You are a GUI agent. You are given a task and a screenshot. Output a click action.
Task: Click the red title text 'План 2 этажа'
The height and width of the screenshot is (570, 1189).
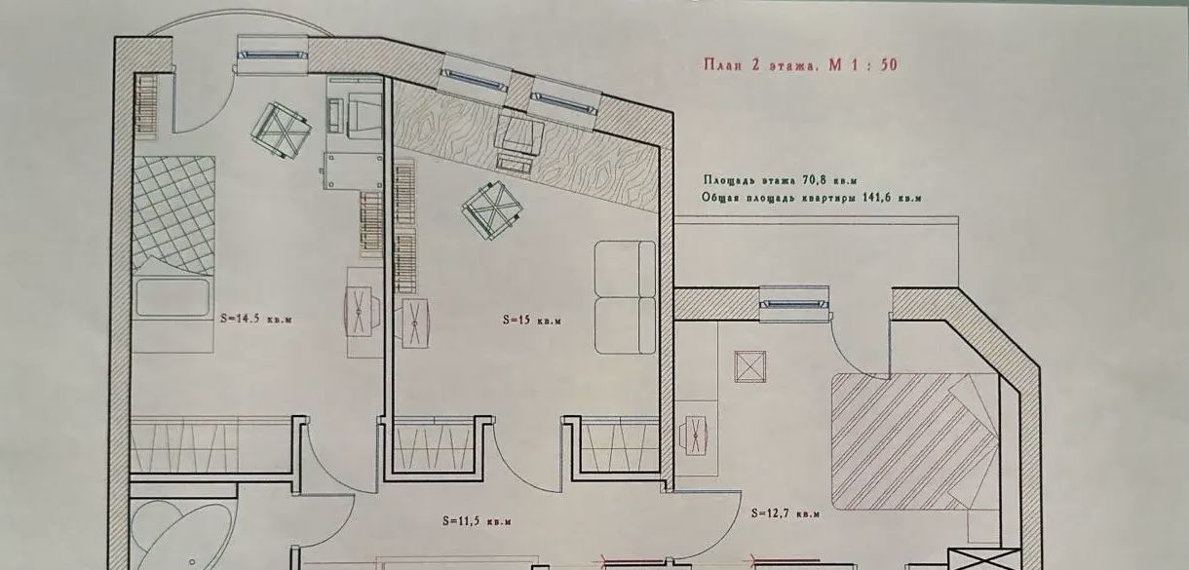pos(758,65)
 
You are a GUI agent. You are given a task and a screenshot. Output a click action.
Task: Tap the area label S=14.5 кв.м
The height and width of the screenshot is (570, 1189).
pos(256,319)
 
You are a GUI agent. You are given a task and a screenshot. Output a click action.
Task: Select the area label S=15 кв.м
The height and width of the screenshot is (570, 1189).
pos(531,320)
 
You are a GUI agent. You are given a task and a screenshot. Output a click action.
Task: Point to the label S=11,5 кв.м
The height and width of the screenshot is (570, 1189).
pos(477,521)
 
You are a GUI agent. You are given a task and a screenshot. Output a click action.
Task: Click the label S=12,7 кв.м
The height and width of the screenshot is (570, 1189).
pos(786,513)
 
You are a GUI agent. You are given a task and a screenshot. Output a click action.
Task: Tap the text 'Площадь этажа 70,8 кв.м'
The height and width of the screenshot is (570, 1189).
pos(781,180)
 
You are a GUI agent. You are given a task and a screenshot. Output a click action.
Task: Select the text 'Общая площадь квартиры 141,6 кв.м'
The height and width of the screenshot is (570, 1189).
pos(812,198)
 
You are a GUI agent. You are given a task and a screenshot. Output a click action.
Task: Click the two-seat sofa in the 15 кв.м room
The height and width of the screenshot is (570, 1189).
pos(626,297)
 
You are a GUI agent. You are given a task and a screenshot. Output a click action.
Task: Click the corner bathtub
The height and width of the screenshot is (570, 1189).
pos(180,536)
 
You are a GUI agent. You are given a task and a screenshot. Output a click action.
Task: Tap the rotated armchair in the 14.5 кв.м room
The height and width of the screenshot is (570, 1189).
pos(281,130)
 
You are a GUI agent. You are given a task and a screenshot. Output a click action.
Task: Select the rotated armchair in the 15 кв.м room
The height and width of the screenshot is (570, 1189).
pos(492,210)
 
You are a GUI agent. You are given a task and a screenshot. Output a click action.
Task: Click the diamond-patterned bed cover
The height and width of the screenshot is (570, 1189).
pos(173,215)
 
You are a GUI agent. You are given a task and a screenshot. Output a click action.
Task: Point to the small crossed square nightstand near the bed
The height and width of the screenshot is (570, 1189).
pos(750,366)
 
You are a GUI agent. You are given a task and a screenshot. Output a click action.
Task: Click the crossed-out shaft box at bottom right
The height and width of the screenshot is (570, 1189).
pos(983,559)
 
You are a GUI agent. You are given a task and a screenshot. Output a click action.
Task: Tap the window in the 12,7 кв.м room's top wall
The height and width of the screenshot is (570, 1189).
pos(794,304)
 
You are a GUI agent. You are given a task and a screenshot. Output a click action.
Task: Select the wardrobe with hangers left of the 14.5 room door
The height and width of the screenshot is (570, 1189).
pos(211,444)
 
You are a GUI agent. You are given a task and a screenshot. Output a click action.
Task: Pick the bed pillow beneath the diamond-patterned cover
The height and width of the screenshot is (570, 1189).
pos(173,297)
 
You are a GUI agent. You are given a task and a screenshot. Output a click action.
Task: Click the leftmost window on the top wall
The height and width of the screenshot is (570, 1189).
pos(273,56)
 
